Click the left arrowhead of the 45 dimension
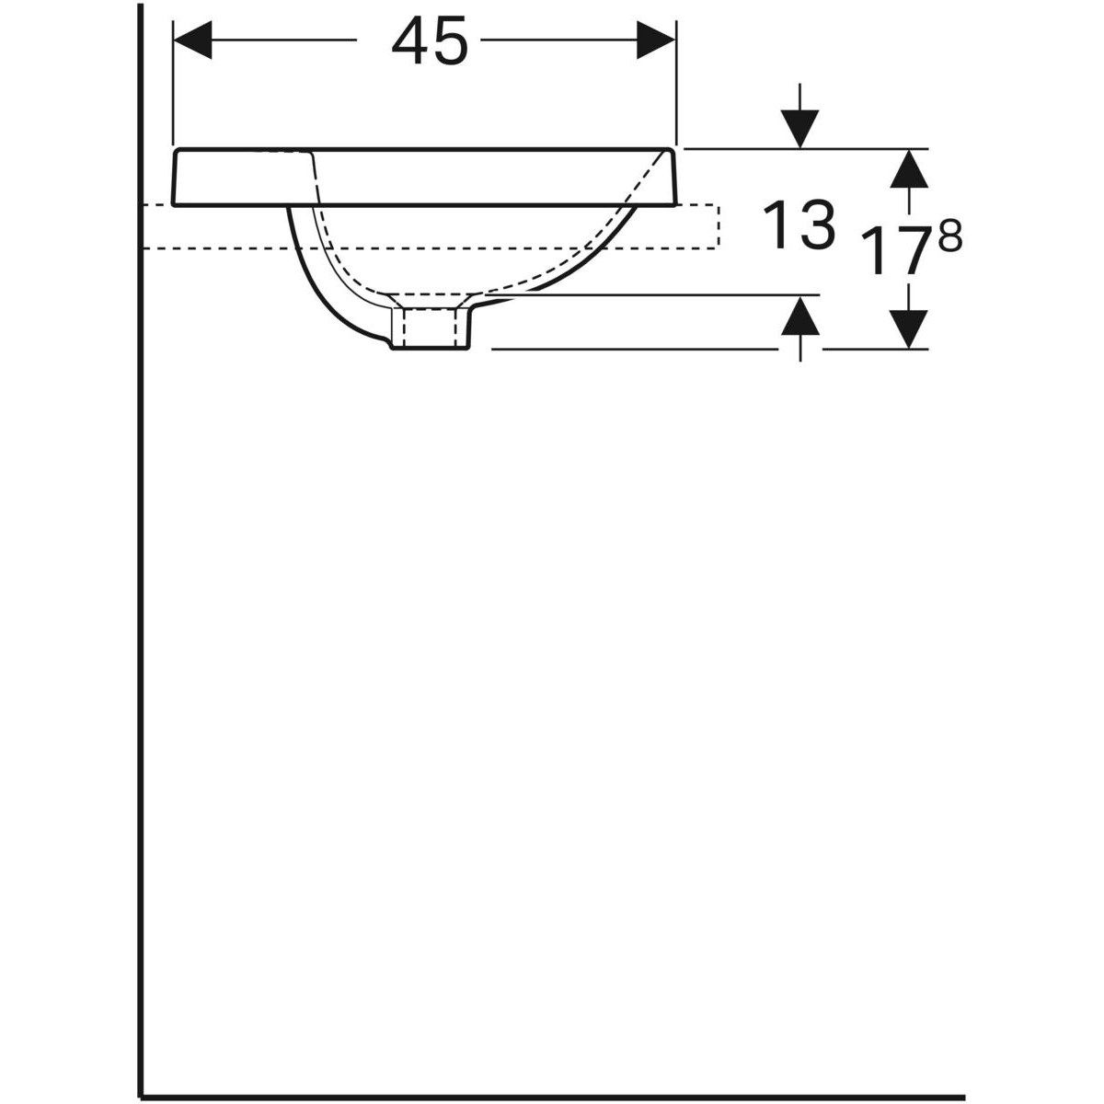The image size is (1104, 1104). tap(193, 41)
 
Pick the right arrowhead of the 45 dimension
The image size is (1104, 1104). tap(657, 41)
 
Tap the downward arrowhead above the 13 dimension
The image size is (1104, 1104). tap(800, 128)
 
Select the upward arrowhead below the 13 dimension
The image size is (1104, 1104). tap(800, 316)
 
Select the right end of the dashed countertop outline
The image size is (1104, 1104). tap(718, 226)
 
